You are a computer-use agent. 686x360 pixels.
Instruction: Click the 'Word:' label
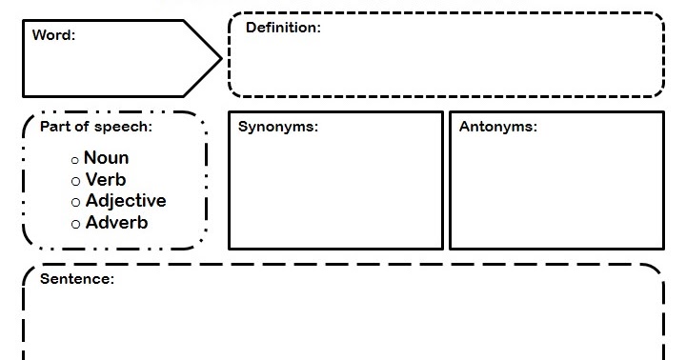point(53,35)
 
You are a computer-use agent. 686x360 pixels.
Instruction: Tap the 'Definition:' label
point(283,28)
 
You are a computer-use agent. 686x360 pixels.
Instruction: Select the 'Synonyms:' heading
point(277,126)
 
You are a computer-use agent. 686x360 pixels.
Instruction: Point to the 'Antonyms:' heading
point(497,126)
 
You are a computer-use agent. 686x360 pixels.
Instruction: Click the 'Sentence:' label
point(77,279)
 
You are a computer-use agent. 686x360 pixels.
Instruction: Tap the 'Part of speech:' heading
point(95,126)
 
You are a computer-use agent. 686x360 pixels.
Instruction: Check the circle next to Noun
point(75,160)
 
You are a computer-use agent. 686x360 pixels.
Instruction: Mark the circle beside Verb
point(75,181)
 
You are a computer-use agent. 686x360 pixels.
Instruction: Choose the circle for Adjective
point(75,203)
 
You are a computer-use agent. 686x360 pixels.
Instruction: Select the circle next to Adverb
point(75,225)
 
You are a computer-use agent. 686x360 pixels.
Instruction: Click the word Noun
point(107,158)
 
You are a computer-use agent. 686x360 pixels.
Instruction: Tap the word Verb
point(106,179)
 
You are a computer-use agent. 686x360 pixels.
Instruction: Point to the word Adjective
point(126,201)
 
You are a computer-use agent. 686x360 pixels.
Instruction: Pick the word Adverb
point(117,223)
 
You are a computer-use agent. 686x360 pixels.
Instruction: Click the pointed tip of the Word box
point(219,57)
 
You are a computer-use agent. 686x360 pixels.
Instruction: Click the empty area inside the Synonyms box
point(335,190)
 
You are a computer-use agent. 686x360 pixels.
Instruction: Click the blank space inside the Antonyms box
point(555,190)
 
